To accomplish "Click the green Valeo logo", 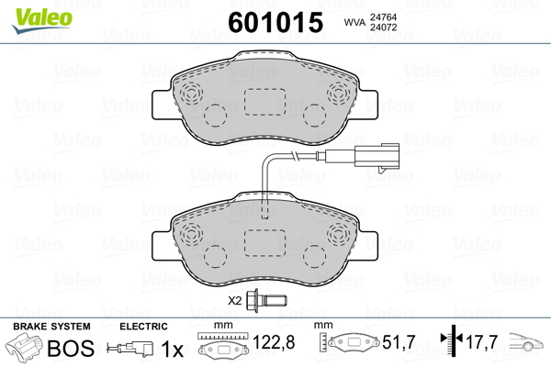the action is pyautogui.click(x=42, y=19).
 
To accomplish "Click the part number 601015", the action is pyautogui.click(x=275, y=22).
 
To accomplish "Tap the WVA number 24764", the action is pyautogui.click(x=383, y=17).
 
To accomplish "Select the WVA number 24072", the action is pyautogui.click(x=383, y=28).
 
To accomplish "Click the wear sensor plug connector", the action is pyautogui.click(x=377, y=156).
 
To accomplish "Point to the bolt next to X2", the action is pyautogui.click(x=267, y=301).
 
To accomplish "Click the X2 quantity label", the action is pyautogui.click(x=235, y=301).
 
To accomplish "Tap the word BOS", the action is pyautogui.click(x=71, y=348).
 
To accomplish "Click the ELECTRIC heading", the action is pyautogui.click(x=143, y=327).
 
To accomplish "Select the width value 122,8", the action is pyautogui.click(x=274, y=342).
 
